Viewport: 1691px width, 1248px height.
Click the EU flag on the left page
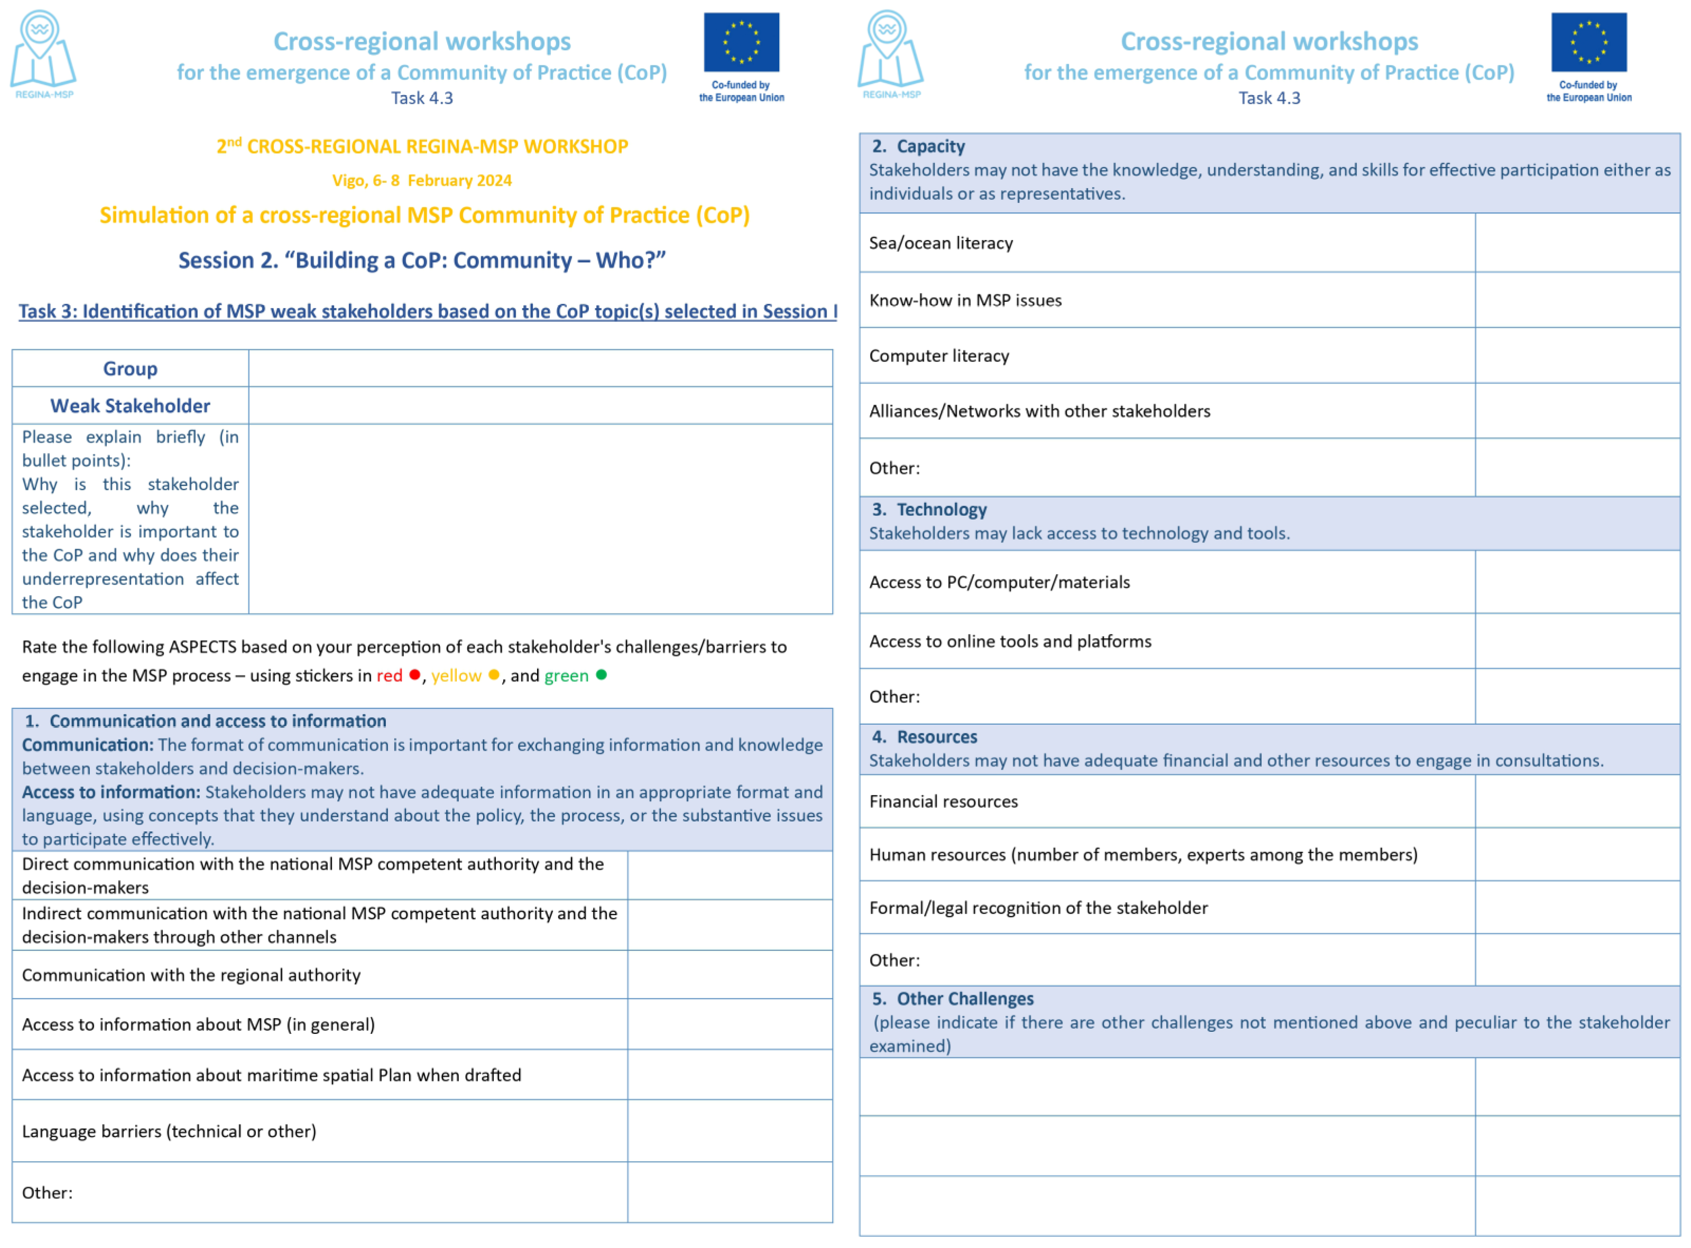click(x=742, y=42)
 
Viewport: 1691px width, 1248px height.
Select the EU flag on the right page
click(x=1589, y=42)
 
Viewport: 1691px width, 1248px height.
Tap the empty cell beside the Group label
click(x=540, y=368)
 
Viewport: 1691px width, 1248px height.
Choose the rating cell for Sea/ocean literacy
click(x=1577, y=243)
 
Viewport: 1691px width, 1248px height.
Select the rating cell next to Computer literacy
click(x=1577, y=356)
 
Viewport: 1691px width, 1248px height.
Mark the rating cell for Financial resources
click(x=1577, y=801)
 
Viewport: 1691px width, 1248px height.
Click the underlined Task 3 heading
click(x=428, y=311)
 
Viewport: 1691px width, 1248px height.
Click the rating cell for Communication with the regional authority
click(x=729, y=975)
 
